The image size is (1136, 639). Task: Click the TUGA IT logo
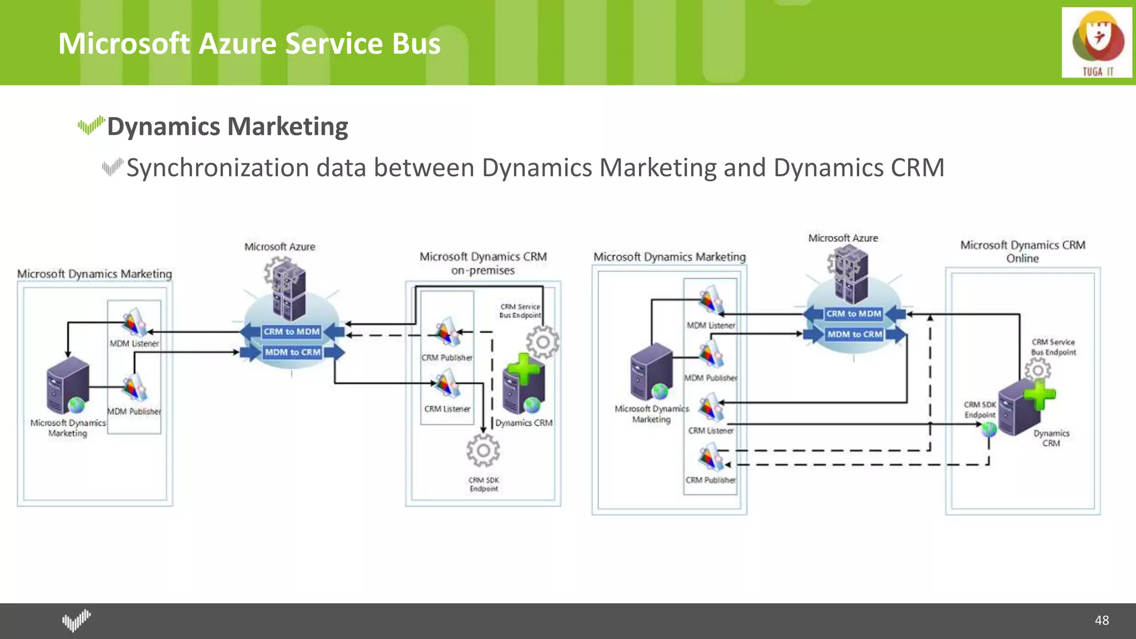coord(1097,43)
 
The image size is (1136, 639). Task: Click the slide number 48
coord(1102,620)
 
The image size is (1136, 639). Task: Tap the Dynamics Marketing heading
coord(227,126)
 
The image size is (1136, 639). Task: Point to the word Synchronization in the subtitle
coord(217,168)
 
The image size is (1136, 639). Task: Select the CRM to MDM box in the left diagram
coord(292,332)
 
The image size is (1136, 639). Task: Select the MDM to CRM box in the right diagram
coord(855,334)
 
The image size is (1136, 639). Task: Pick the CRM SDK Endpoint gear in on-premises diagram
coord(483,450)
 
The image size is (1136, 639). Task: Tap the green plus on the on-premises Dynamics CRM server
coord(523,368)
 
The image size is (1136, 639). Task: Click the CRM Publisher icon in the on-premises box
coord(447,332)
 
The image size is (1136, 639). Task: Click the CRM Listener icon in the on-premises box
coord(447,384)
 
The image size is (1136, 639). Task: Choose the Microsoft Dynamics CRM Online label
coord(1022,251)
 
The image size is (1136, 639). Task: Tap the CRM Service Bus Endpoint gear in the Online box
coord(1037,370)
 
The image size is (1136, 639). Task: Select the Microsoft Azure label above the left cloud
coord(280,247)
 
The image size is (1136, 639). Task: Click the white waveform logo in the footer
coord(77,620)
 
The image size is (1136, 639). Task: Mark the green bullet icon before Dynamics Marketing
coord(91,125)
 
